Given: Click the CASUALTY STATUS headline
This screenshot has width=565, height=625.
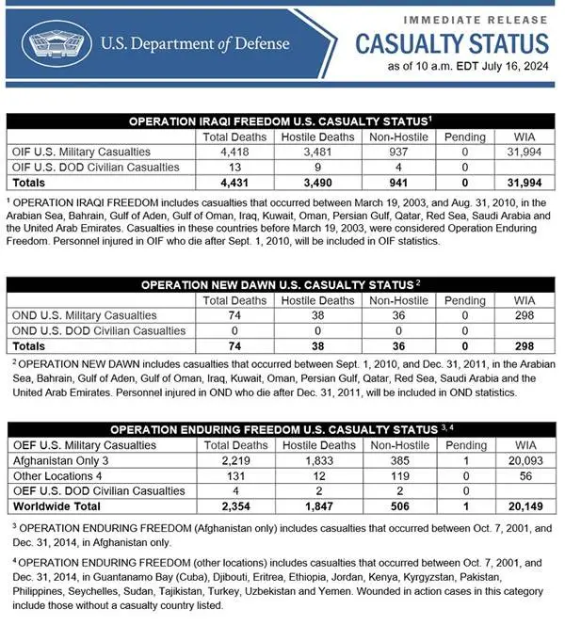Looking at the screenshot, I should click(x=451, y=42).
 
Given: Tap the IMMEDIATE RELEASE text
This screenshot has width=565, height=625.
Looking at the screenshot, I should click(x=476, y=18).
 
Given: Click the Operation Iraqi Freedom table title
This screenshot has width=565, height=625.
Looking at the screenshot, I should click(x=280, y=121).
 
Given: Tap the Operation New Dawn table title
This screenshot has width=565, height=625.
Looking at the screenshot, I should click(x=280, y=284).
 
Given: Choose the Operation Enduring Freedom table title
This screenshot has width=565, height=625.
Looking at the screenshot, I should click(x=280, y=429).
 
